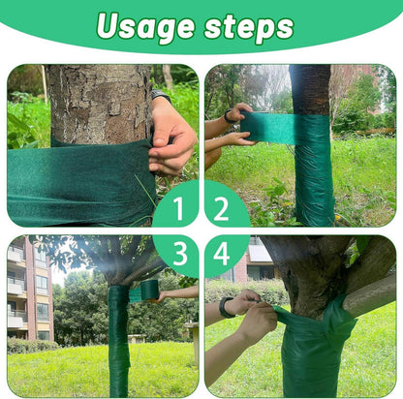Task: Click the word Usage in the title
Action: (x=145, y=27)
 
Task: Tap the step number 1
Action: (x=178, y=208)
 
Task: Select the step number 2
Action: (x=221, y=208)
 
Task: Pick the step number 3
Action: (x=180, y=254)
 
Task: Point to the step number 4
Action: (x=222, y=254)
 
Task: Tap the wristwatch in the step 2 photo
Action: (x=230, y=116)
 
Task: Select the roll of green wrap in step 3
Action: (x=149, y=290)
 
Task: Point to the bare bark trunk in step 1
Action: (x=100, y=104)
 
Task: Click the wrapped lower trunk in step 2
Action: (x=314, y=171)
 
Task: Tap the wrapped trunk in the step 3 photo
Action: (x=119, y=339)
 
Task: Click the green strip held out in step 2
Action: (x=269, y=128)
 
